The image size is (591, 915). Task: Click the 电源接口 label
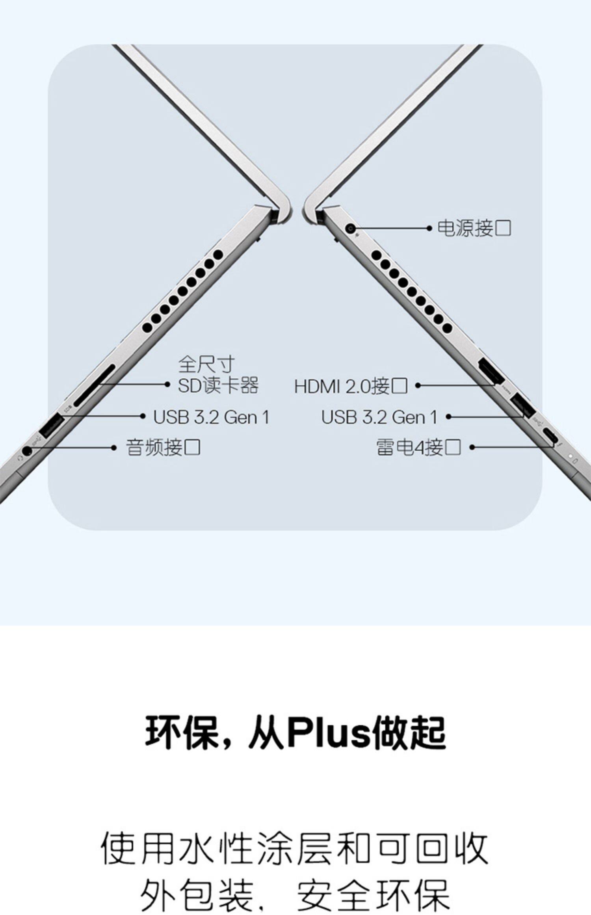click(x=474, y=228)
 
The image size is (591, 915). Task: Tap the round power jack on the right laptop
click(x=350, y=228)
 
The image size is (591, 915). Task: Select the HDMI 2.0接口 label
click(x=351, y=386)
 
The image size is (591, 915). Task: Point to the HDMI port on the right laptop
click(x=491, y=372)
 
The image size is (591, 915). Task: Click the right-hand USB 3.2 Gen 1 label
click(x=379, y=417)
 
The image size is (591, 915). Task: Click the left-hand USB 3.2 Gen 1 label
click(x=211, y=417)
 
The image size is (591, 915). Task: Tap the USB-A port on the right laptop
click(x=523, y=405)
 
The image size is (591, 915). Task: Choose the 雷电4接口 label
click(x=418, y=447)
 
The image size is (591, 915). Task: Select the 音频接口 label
click(x=163, y=448)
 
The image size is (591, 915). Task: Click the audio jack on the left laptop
click(x=26, y=451)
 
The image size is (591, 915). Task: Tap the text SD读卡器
click(x=218, y=385)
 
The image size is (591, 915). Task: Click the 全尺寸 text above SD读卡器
click(x=206, y=364)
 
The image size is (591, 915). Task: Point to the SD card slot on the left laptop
click(x=95, y=385)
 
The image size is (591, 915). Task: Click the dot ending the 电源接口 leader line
click(x=429, y=228)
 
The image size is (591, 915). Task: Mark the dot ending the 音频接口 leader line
click(x=114, y=448)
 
